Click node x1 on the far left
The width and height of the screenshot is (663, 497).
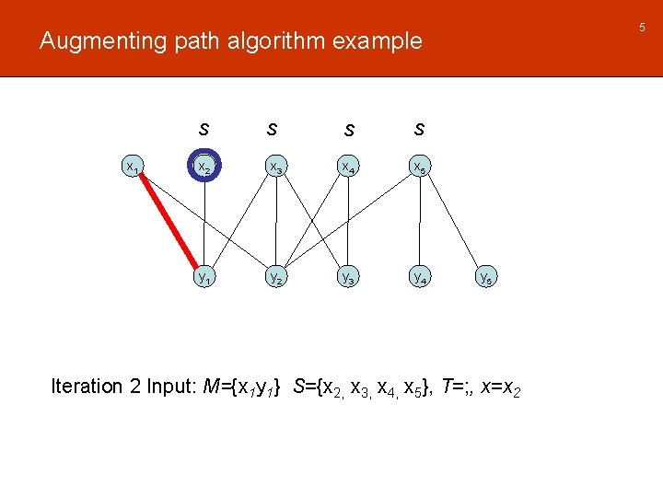tap(133, 168)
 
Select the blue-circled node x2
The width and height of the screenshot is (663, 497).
tap(204, 167)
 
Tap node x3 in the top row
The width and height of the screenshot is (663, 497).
tap(275, 167)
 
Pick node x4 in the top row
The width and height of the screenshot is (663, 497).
tap(347, 167)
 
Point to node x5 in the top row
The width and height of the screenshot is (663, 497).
tap(419, 168)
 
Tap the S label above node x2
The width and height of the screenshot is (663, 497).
tap(204, 128)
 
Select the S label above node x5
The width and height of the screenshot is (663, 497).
tap(419, 128)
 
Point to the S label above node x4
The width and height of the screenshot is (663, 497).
tap(348, 130)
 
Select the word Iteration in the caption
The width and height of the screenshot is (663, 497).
tap(87, 387)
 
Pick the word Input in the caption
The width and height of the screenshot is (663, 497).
tap(168, 387)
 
